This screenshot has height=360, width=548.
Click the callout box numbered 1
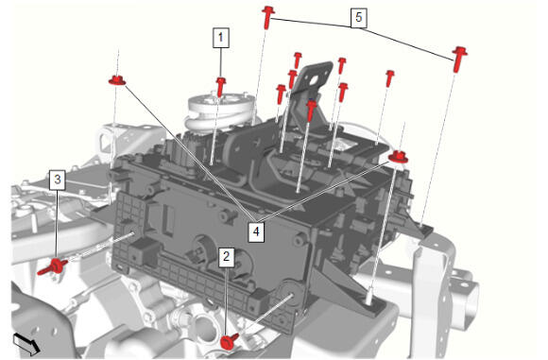tap(221, 38)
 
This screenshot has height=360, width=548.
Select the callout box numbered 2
tap(227, 257)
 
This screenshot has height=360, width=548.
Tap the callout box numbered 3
tap(58, 180)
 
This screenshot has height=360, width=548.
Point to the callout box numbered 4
tap(256, 231)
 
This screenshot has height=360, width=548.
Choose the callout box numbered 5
tap(359, 17)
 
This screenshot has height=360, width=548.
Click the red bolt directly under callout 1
tap(220, 87)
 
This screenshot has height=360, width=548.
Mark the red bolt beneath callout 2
tap(230, 341)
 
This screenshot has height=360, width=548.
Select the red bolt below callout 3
tap(53, 267)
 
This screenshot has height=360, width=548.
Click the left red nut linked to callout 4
tap(117, 80)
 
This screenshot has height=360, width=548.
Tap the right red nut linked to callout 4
tap(398, 157)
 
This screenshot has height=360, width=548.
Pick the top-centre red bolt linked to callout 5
tap(267, 17)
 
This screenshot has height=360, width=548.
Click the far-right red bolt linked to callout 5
tap(459, 59)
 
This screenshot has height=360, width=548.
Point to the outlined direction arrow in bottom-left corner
tap(26, 343)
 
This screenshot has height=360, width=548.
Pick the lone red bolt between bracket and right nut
tap(389, 78)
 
